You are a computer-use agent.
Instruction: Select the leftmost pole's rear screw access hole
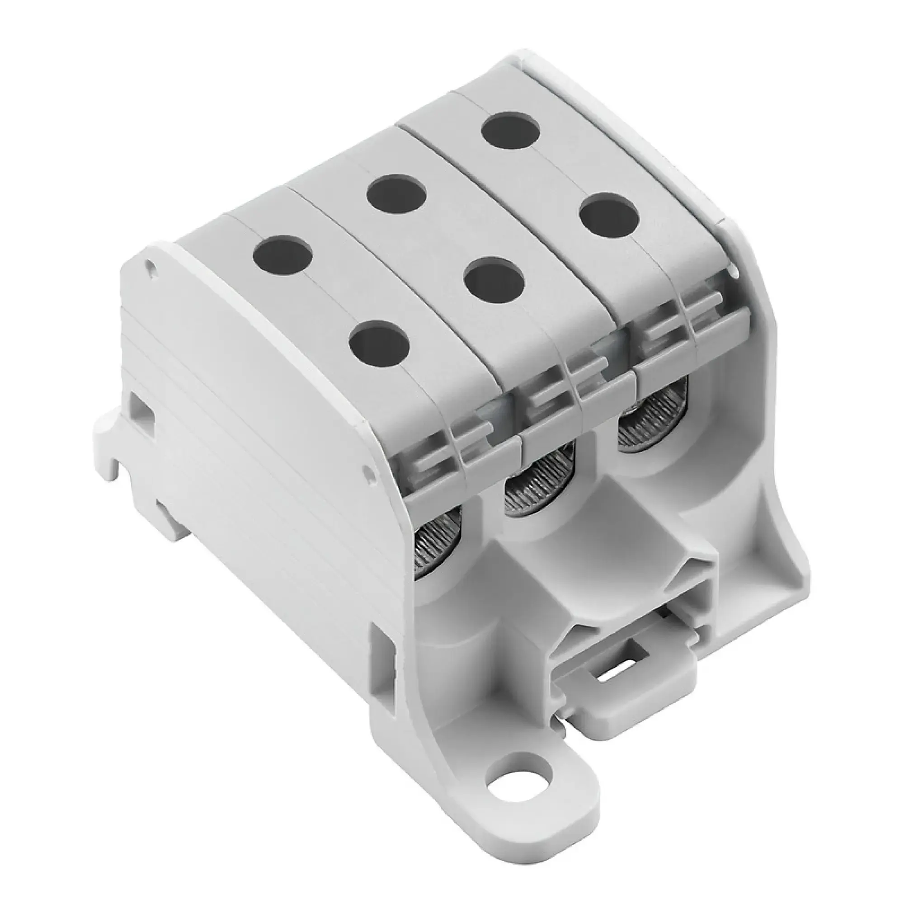[x=282, y=255]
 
